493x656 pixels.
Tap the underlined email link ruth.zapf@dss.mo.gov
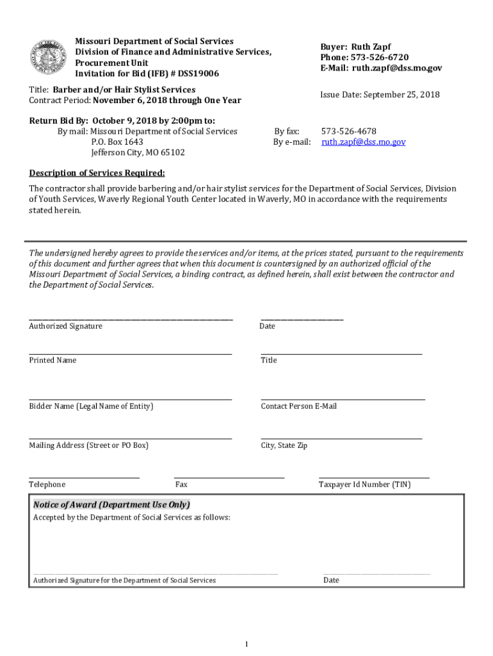tap(363, 142)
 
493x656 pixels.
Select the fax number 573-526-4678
tap(348, 131)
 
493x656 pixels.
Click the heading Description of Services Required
tap(97, 173)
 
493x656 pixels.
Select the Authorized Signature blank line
tap(131, 318)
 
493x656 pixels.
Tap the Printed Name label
tap(53, 360)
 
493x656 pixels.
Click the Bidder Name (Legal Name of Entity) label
tap(91, 406)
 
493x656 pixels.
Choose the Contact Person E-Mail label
tap(298, 406)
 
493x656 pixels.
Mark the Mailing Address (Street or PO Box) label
tap(88, 445)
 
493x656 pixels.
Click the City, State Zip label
tap(284, 445)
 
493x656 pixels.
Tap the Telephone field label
tap(47, 485)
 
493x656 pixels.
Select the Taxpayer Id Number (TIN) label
tap(364, 485)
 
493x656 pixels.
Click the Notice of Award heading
tap(111, 504)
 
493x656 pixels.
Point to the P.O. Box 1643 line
tap(117, 142)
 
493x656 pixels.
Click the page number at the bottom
tap(247, 644)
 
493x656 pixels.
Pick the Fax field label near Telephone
tap(181, 485)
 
